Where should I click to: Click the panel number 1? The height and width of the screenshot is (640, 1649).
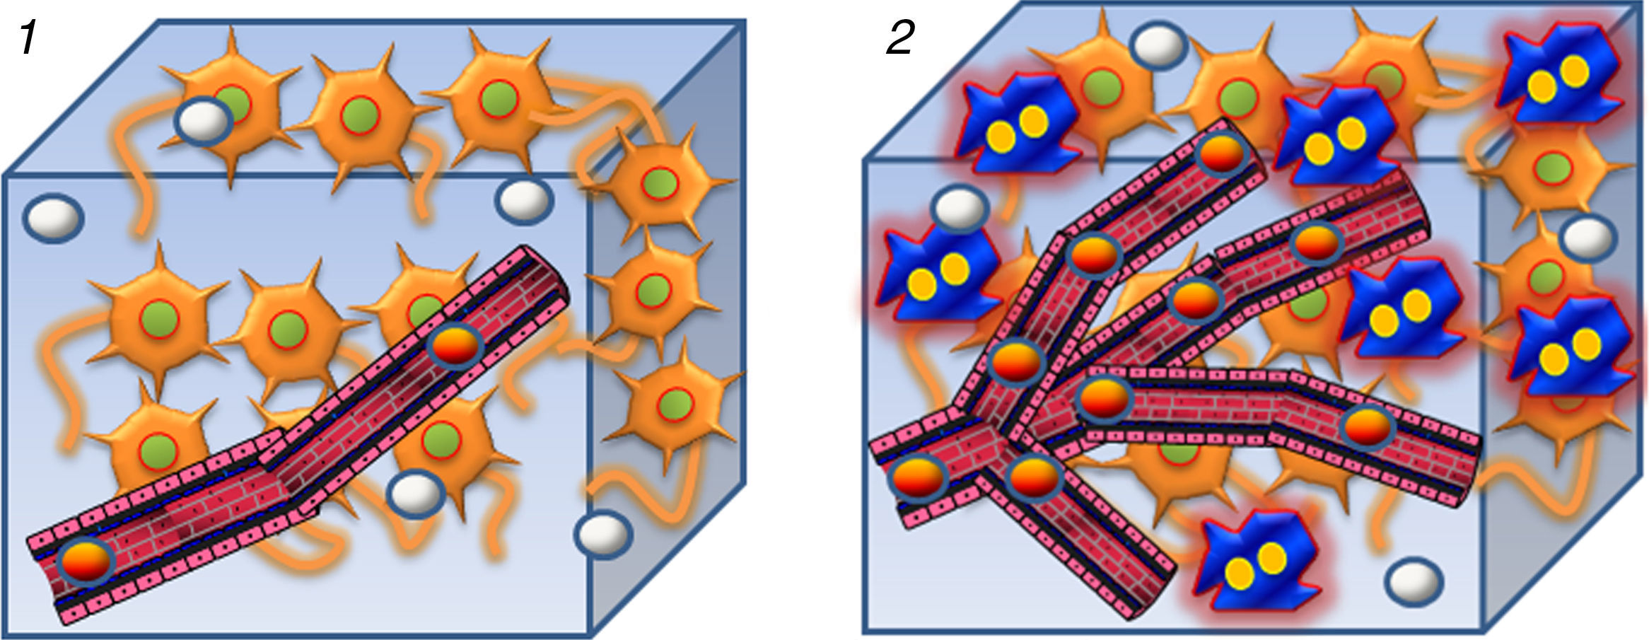[28, 38]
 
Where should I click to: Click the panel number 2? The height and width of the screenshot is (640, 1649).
[900, 38]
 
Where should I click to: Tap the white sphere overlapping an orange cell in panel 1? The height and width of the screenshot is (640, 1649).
[204, 122]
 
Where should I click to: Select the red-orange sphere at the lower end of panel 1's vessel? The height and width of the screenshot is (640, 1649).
[86, 562]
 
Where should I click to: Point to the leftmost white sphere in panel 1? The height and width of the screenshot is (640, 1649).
[54, 218]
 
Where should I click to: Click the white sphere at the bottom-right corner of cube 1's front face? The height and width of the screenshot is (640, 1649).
[602, 534]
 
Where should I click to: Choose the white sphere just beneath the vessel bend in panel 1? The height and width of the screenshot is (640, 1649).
[416, 494]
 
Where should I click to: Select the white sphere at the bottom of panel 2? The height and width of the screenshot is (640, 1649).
[1414, 581]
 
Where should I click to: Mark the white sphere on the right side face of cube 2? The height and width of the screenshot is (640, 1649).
[1587, 238]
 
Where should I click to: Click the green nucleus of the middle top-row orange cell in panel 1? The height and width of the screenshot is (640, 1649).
[359, 117]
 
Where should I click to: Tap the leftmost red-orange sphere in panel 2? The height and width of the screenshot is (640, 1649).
[918, 478]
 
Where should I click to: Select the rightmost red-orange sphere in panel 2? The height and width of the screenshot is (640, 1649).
[1368, 427]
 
